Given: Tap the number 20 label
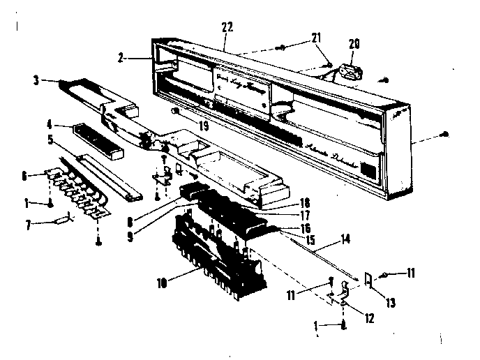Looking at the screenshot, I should [354, 43].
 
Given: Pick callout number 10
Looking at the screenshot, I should [163, 282].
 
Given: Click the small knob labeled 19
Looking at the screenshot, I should [176, 113].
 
